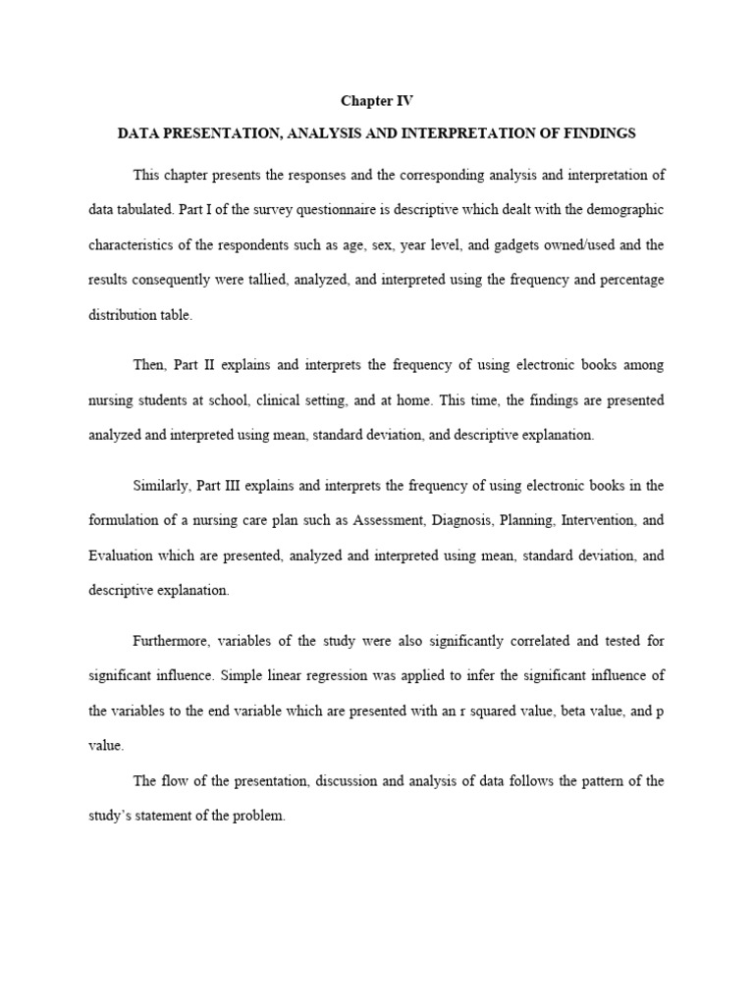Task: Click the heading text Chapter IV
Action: (x=370, y=101)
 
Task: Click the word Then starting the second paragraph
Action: (x=150, y=365)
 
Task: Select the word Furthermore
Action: (x=173, y=641)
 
